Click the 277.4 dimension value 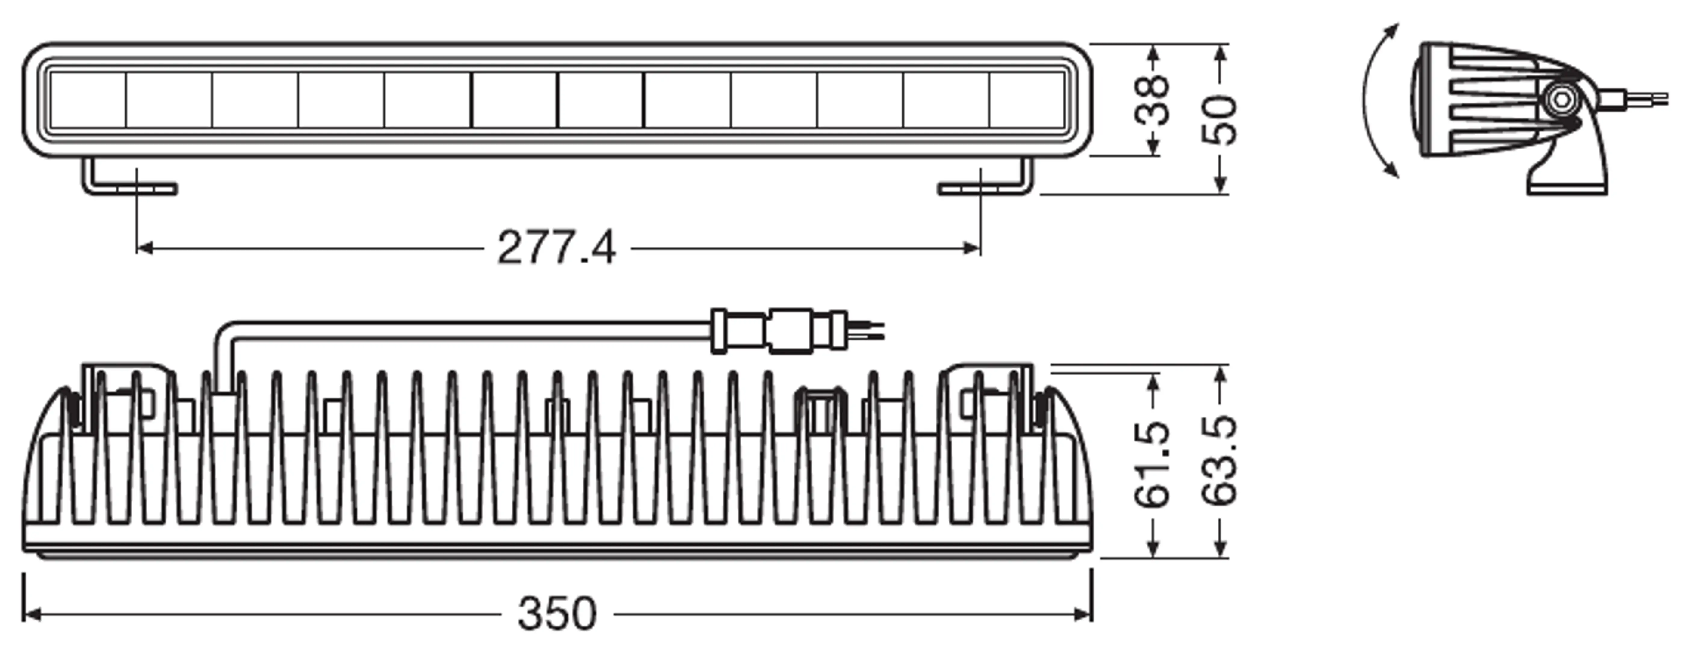[556, 248]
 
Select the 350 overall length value [557, 614]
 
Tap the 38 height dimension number [1152, 100]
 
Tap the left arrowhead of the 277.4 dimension [144, 248]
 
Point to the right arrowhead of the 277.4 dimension [972, 248]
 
